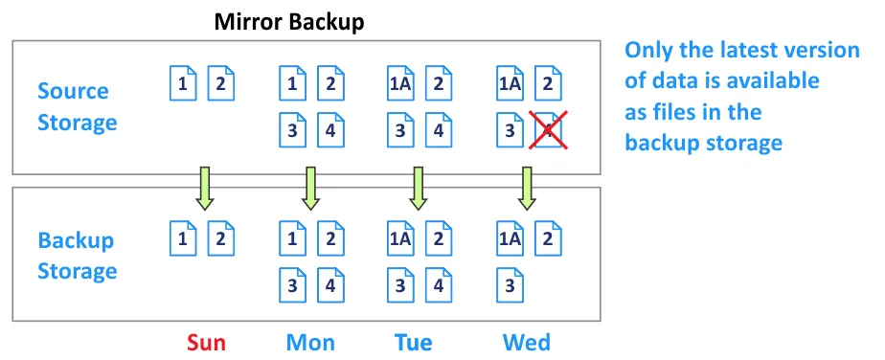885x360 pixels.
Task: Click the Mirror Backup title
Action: (289, 21)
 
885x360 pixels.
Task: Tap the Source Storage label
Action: (77, 106)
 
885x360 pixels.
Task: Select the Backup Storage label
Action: (77, 256)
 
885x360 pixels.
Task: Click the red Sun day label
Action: (206, 342)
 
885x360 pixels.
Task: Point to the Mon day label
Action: (310, 342)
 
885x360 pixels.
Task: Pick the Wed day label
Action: (526, 342)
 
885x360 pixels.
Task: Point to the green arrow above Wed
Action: (526, 188)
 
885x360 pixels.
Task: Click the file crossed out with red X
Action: (548, 130)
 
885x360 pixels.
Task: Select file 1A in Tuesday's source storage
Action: (399, 83)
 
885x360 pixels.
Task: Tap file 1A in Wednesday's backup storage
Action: (509, 236)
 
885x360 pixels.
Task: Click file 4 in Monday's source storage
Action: (329, 130)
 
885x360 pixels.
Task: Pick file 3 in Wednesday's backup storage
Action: (510, 283)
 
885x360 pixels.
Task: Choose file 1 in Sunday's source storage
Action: (182, 83)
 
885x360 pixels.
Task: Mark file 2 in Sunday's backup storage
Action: (221, 236)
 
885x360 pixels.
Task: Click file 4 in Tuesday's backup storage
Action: (439, 283)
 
